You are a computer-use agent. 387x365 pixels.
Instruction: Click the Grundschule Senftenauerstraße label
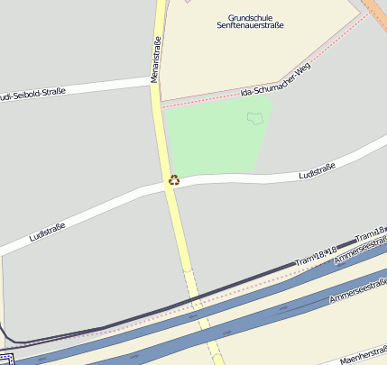point(250,21)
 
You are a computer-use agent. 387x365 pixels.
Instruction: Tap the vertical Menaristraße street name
point(155,59)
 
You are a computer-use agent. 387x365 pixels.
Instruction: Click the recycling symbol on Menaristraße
point(174,180)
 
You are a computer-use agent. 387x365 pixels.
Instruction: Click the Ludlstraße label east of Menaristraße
point(317,169)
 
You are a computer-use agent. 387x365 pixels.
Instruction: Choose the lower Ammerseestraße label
point(357,290)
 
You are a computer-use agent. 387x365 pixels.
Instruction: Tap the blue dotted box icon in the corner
point(5,360)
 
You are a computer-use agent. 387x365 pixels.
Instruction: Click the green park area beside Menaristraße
point(212,135)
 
